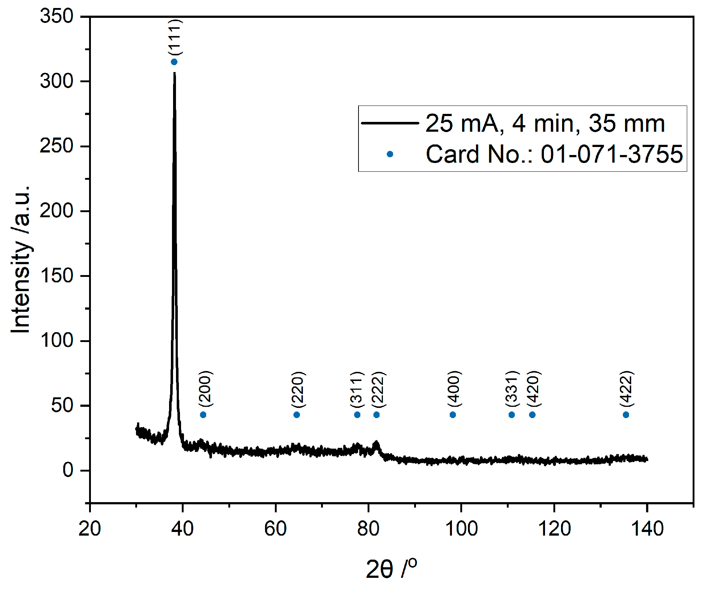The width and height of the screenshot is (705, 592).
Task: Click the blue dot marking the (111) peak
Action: (x=174, y=62)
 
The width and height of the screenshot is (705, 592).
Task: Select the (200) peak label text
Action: (x=205, y=389)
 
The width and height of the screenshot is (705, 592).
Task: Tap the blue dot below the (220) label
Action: (x=297, y=415)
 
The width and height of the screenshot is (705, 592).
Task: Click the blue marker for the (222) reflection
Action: (x=377, y=415)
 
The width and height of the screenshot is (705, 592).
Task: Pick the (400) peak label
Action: (x=454, y=389)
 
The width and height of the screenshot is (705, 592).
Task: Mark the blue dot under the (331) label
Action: (x=512, y=415)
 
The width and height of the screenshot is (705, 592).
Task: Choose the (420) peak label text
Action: (x=534, y=389)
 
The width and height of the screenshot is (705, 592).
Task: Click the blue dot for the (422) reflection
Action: (x=626, y=415)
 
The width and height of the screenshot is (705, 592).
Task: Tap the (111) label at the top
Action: (x=175, y=37)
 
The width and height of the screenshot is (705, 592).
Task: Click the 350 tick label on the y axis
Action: (x=57, y=16)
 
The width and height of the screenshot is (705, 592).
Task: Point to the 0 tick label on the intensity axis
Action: (x=68, y=470)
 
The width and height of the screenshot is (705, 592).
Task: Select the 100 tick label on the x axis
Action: (x=461, y=529)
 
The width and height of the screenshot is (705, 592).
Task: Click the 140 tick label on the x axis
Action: (x=647, y=529)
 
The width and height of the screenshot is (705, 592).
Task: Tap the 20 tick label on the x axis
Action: (x=89, y=529)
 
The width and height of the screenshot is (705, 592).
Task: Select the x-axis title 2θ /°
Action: (x=391, y=568)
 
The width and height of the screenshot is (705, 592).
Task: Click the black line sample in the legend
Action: (x=390, y=123)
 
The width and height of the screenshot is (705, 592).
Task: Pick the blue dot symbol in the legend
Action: (x=390, y=154)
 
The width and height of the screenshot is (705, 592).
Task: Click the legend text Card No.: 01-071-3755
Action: (x=554, y=154)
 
